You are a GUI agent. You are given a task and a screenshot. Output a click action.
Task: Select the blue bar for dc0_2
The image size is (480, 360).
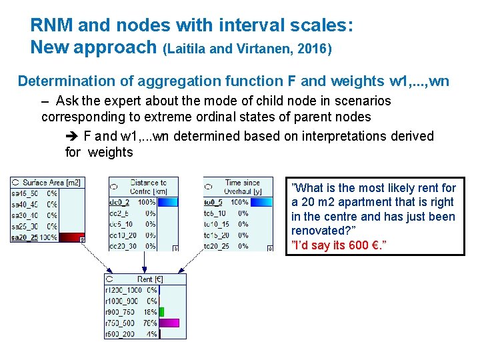click(169, 202)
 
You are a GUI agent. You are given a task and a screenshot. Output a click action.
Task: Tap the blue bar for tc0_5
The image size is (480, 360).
click(263, 202)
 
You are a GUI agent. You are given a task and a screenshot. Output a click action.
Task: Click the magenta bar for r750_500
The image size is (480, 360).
click(169, 323)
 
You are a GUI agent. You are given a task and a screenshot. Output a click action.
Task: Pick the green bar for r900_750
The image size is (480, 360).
click(161, 311)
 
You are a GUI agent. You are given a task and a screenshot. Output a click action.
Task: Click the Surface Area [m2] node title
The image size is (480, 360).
click(51, 183)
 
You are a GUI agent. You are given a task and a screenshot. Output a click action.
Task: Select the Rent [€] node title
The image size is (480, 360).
click(149, 279)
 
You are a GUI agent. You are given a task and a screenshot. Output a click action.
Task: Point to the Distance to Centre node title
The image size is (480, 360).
click(148, 187)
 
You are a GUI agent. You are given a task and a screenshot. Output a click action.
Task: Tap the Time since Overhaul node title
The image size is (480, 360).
click(242, 187)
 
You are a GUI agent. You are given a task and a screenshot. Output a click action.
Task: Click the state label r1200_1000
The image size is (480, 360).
click(123, 290)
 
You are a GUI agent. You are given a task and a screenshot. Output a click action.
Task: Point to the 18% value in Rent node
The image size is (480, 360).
click(150, 312)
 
